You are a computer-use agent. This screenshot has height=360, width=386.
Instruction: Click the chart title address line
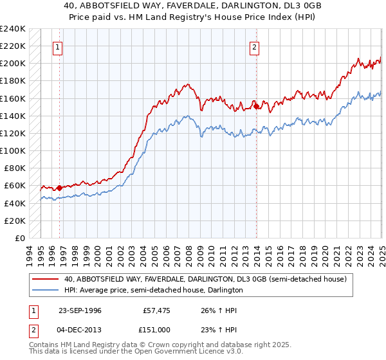(x=193, y=6)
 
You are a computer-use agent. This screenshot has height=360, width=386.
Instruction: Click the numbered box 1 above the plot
(x=59, y=47)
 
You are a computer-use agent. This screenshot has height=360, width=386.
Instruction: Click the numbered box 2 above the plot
(x=255, y=47)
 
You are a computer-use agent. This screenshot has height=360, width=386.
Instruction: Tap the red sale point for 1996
(x=59, y=188)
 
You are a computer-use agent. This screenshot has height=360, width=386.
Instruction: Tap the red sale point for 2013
(x=256, y=106)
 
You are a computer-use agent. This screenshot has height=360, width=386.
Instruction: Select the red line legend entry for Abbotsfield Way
(x=205, y=279)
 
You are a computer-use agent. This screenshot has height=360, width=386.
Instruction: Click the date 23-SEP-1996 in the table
(x=81, y=310)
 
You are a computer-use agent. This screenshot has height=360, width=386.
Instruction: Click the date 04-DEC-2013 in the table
(x=81, y=329)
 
